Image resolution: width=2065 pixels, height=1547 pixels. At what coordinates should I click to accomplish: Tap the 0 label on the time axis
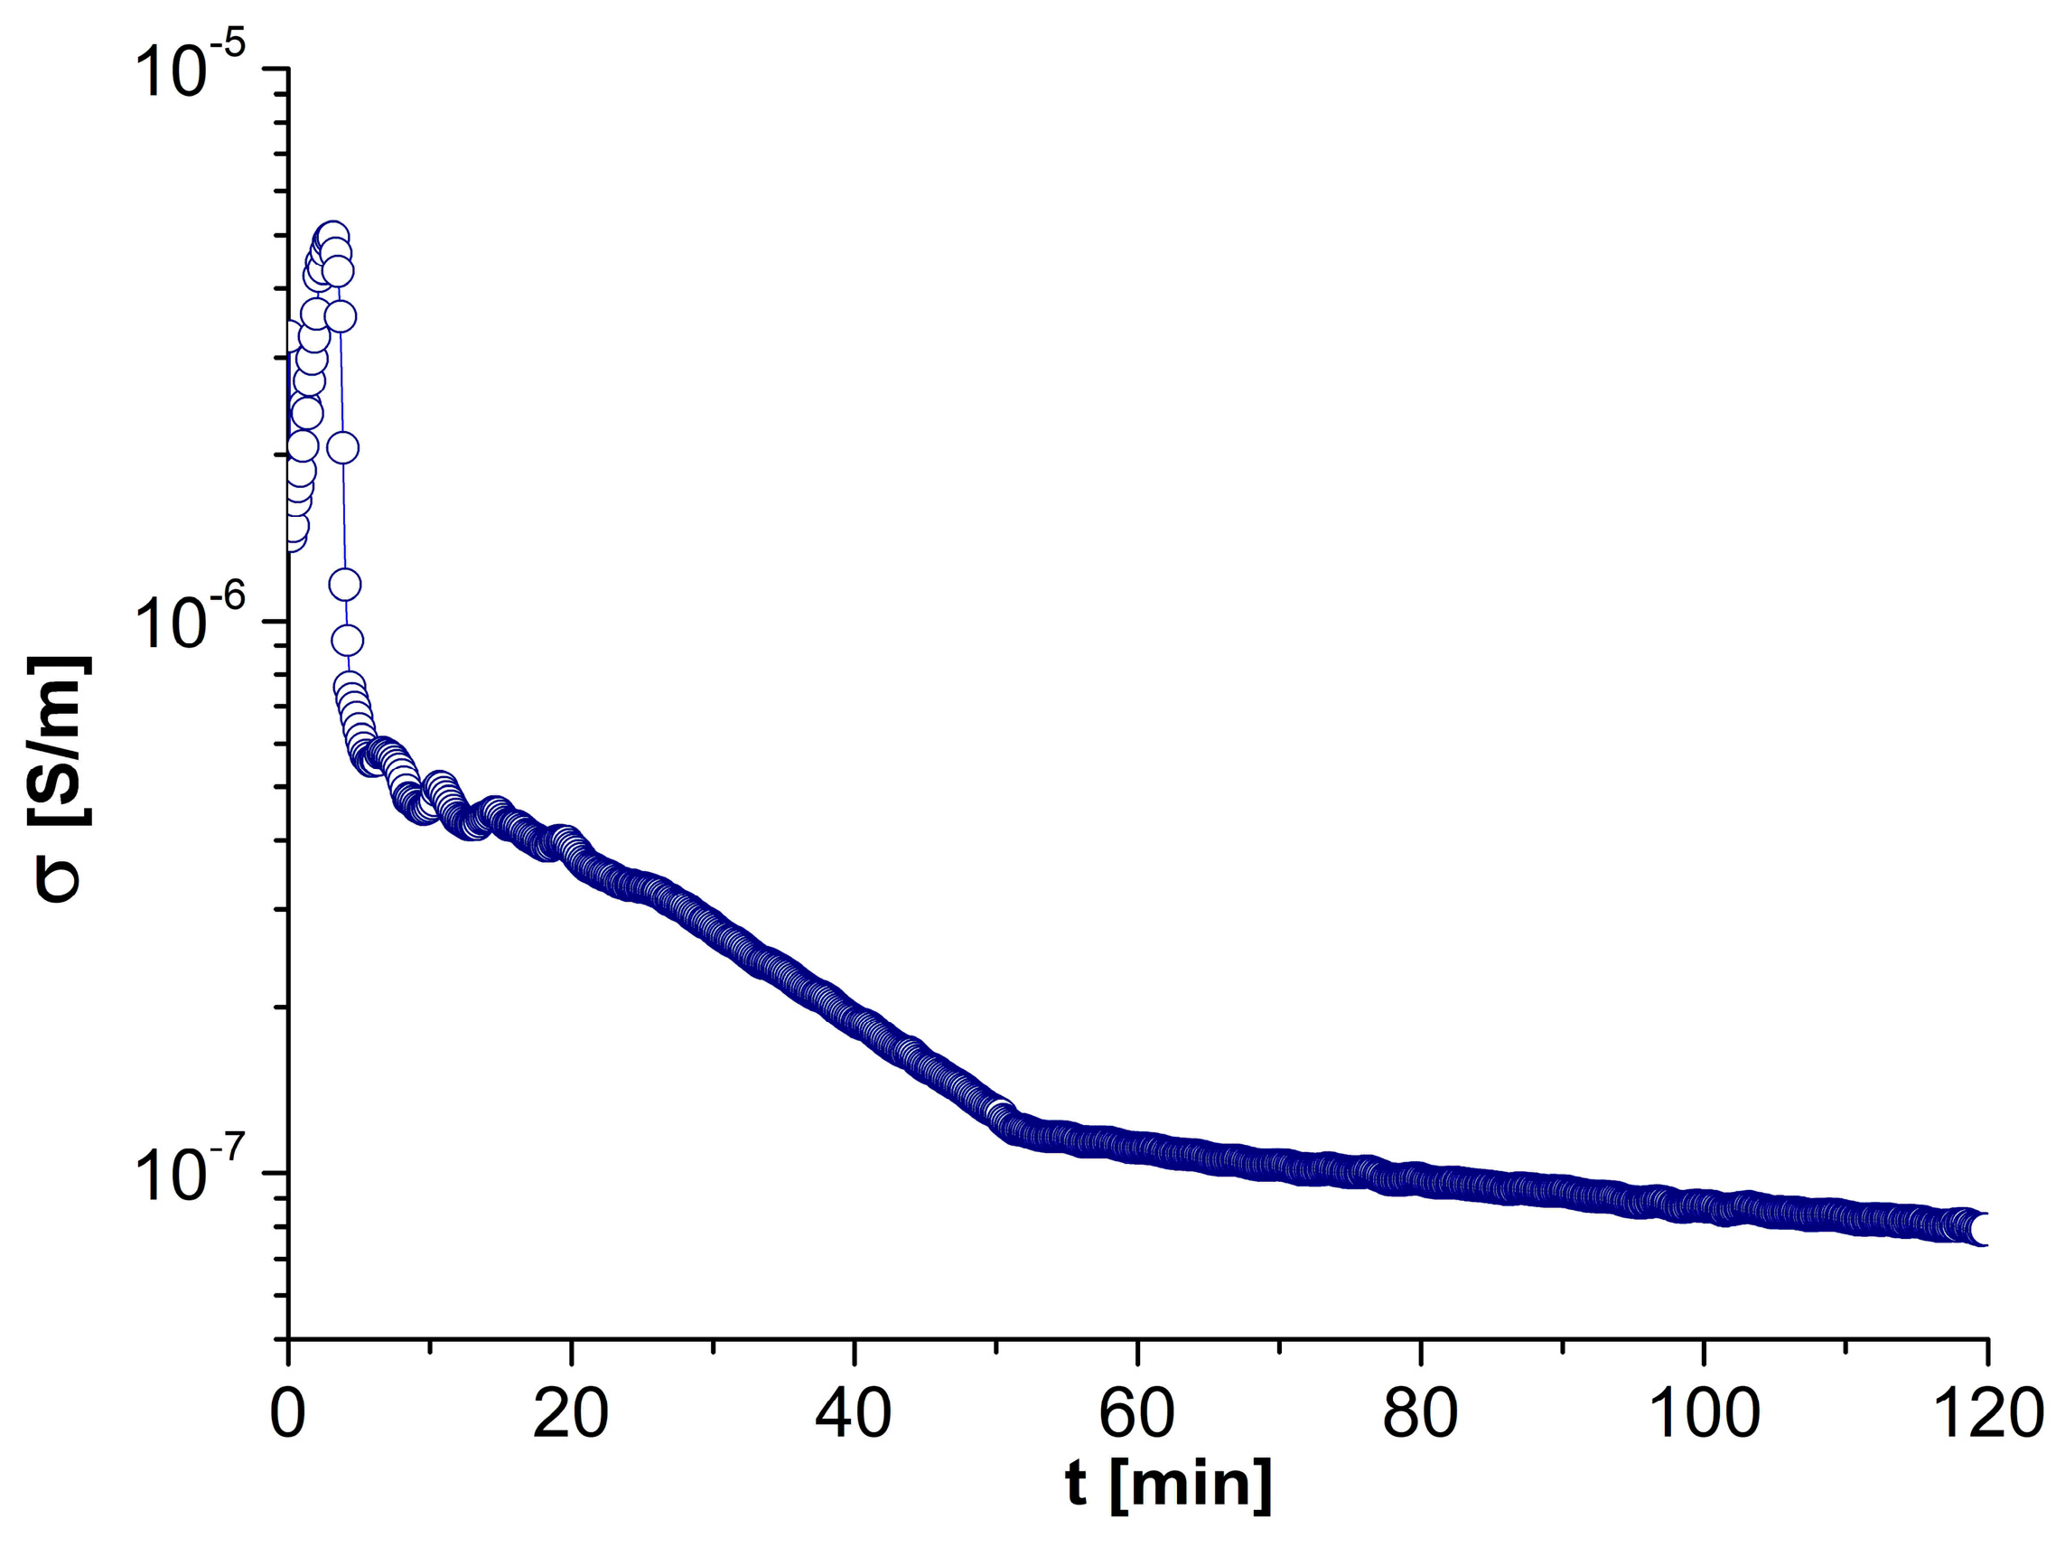pyautogui.click(x=288, y=1415)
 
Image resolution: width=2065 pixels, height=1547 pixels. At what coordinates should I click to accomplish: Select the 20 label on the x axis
pyautogui.click(x=570, y=1415)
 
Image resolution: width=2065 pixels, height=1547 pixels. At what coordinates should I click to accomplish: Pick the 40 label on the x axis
pyautogui.click(x=854, y=1415)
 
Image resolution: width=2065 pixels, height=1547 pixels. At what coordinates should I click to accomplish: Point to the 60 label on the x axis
pyautogui.click(x=1136, y=1415)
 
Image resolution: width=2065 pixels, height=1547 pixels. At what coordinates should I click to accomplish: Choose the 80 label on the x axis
pyautogui.click(x=1419, y=1415)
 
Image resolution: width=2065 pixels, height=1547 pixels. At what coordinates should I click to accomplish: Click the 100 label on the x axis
pyautogui.click(x=1703, y=1415)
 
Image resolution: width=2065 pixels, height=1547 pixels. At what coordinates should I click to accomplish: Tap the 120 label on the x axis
pyautogui.click(x=1986, y=1415)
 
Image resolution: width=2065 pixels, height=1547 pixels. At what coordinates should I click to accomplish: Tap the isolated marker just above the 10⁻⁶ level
pyautogui.click(x=344, y=586)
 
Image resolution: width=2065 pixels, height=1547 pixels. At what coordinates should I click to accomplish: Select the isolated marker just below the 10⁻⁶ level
pyautogui.click(x=347, y=641)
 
